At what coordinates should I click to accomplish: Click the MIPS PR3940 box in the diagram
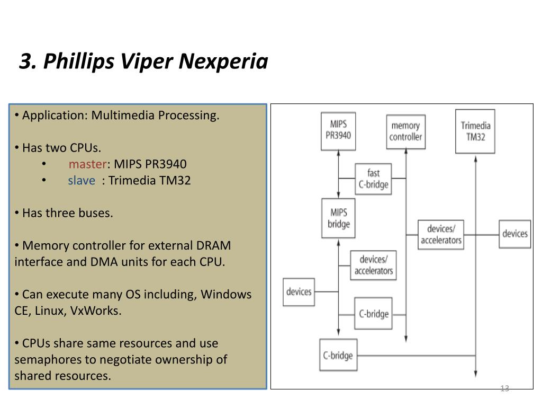[338, 131]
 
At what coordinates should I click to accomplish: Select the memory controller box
[405, 132]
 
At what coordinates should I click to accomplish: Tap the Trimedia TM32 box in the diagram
[475, 131]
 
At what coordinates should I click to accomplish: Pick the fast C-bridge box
[373, 179]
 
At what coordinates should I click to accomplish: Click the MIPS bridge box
[338, 218]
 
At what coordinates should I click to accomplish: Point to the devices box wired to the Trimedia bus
[514, 234]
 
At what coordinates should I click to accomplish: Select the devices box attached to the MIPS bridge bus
[299, 292]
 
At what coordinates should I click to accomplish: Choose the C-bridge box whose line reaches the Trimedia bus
[338, 355]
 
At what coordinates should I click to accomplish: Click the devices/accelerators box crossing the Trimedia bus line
[441, 235]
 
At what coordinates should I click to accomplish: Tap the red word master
[88, 164]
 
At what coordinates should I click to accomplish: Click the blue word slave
[82, 181]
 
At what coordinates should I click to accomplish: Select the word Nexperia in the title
[223, 61]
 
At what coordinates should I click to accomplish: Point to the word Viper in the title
[147, 61]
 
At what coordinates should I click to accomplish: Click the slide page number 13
[504, 388]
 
